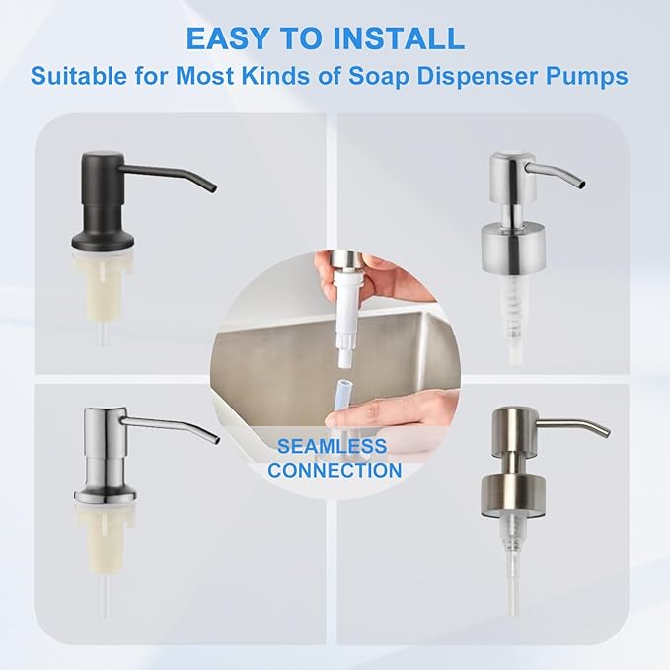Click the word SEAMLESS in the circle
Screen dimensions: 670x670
332,446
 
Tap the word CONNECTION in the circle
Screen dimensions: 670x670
335,471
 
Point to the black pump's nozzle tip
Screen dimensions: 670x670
212,187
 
